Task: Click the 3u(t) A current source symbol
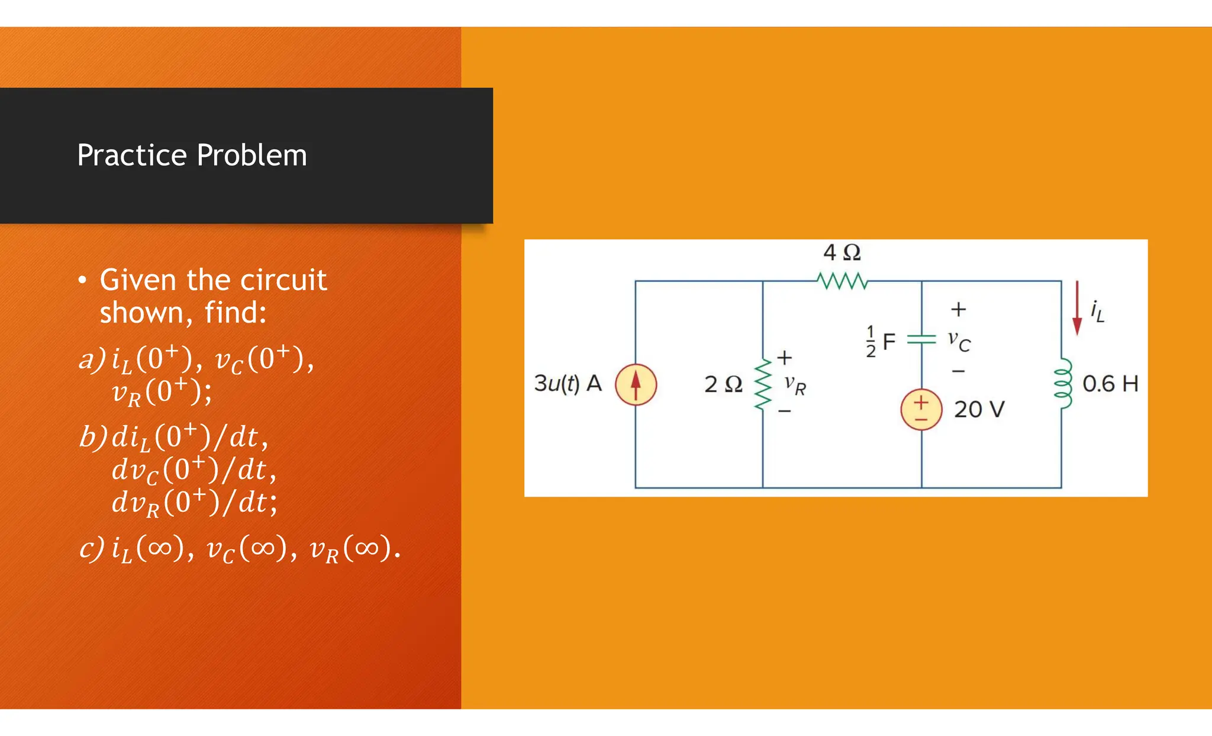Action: [x=636, y=384]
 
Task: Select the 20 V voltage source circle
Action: [x=921, y=410]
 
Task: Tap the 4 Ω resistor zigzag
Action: [x=842, y=281]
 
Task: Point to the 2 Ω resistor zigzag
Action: [x=762, y=385]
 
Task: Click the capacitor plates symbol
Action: [x=921, y=339]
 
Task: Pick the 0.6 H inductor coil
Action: [x=1063, y=383]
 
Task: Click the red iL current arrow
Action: [x=1077, y=308]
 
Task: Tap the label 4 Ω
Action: [x=842, y=253]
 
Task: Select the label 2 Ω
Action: [x=723, y=385]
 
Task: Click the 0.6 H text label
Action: [x=1110, y=384]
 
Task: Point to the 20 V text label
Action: [x=979, y=409]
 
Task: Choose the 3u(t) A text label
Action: [x=568, y=384]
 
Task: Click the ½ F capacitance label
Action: [x=881, y=342]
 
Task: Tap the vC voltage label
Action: [x=959, y=340]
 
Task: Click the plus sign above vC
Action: [x=958, y=309]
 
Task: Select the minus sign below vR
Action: [x=784, y=411]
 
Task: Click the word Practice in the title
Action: [x=132, y=156]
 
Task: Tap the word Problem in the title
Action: [x=252, y=156]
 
